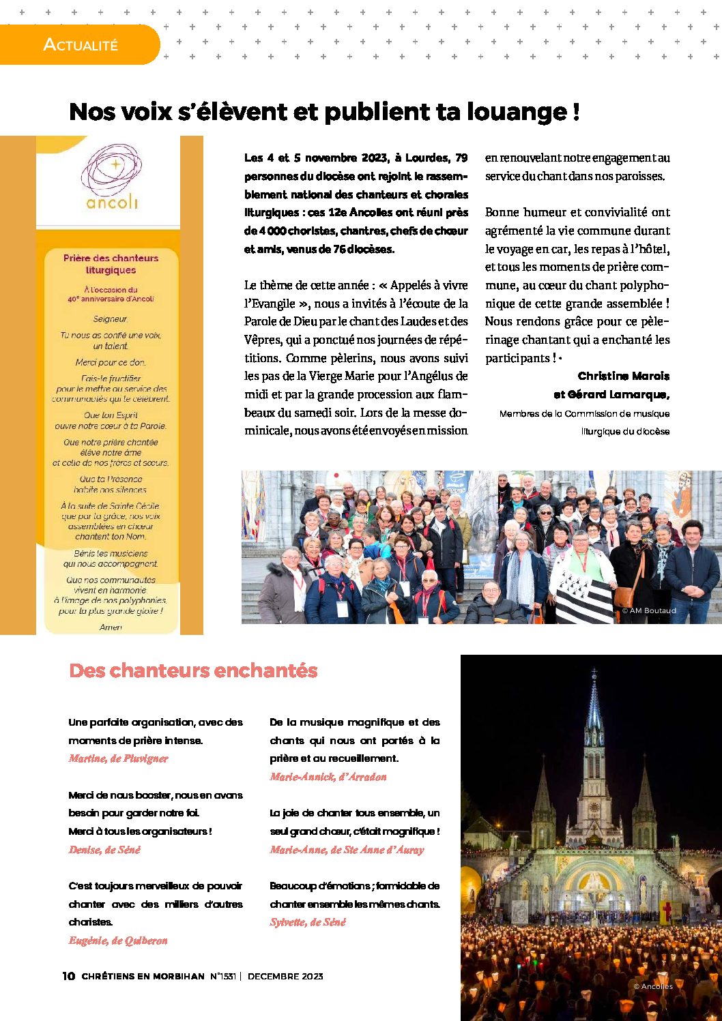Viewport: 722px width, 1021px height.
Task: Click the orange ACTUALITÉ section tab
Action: click(x=80, y=45)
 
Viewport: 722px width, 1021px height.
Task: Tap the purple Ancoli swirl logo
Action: click(x=111, y=171)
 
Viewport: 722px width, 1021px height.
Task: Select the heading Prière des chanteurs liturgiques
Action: click(x=111, y=264)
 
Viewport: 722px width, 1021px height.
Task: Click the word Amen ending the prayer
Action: click(x=111, y=627)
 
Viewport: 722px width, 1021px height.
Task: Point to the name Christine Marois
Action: click(x=623, y=376)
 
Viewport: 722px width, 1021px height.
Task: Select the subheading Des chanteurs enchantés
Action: click(x=193, y=670)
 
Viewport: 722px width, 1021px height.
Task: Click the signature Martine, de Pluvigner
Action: click(x=118, y=758)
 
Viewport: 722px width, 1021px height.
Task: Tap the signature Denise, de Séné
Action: click(x=104, y=850)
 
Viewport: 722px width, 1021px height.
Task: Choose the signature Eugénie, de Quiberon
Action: click(x=118, y=941)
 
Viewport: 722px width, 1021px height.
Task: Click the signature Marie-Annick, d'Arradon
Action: click(x=328, y=777)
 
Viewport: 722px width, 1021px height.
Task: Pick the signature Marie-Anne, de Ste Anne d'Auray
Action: click(x=347, y=850)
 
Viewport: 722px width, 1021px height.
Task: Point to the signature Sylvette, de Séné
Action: click(x=308, y=922)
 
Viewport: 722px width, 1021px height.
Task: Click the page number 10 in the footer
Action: click(x=68, y=976)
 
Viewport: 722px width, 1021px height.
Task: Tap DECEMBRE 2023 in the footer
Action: click(x=285, y=976)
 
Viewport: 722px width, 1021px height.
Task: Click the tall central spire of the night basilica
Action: click(x=594, y=723)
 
